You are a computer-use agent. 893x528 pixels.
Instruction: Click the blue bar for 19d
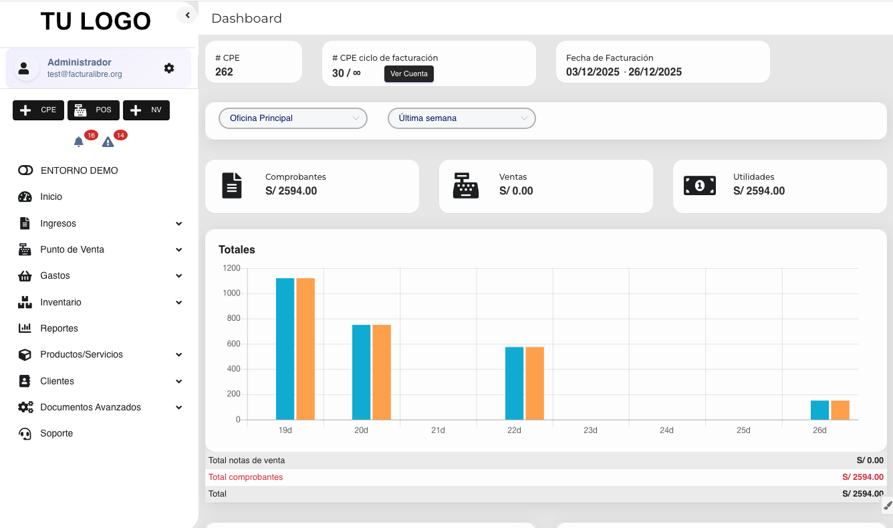285,349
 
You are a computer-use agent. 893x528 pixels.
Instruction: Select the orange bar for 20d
382,372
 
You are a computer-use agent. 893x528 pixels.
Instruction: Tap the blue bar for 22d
514,383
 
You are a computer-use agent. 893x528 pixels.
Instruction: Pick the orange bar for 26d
840,410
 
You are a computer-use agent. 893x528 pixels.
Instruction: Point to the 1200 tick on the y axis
232,268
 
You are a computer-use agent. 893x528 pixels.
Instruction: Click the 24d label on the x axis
666,430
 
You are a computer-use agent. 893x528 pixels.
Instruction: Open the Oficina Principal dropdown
293,118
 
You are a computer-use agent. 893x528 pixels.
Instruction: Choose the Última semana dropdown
461,118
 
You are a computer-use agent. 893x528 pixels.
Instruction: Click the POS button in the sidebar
93,110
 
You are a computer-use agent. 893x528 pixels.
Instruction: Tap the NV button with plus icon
146,110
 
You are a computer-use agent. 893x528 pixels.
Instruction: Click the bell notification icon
79,142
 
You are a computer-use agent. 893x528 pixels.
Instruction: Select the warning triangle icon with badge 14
108,142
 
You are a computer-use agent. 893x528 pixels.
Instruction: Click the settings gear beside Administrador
169,68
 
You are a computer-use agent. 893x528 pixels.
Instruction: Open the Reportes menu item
59,328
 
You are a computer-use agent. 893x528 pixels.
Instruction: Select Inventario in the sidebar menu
61,302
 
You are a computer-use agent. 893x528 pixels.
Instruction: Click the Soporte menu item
56,433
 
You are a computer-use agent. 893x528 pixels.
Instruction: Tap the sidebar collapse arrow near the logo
187,15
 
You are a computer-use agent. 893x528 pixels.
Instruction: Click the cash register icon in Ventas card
466,186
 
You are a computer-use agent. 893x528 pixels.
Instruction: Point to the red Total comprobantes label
245,477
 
